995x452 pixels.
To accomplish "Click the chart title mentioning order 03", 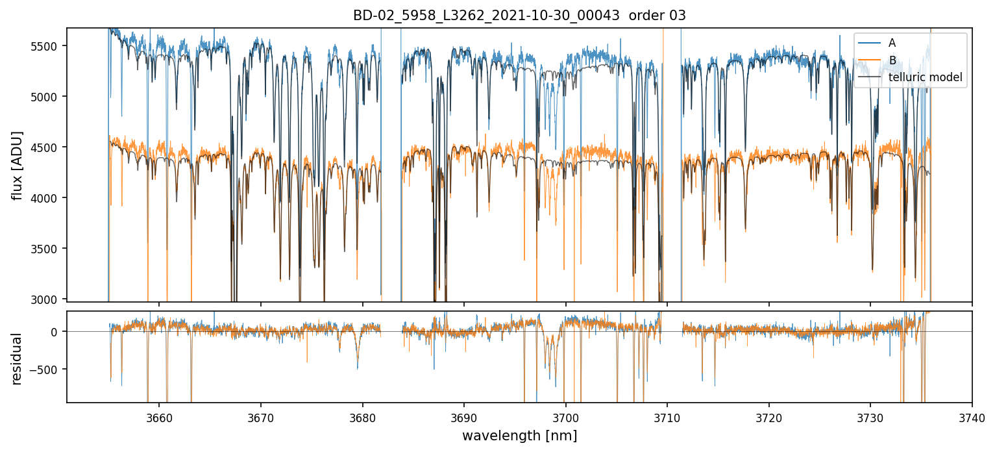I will tap(519, 16).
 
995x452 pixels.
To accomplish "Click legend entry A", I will tap(892, 43).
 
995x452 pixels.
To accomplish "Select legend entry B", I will tap(892, 60).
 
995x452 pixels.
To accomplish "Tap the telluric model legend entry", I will tap(925, 78).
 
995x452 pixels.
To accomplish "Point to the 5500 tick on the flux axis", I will tap(49, 46).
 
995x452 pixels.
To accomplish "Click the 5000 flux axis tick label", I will tap(49, 97).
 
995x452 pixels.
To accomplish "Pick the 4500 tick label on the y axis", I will tap(49, 147).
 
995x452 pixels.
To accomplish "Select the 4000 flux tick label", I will tap(49, 198).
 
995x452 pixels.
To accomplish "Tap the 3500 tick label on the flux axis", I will tap(49, 249).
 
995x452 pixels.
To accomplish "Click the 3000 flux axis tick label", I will tap(49, 299).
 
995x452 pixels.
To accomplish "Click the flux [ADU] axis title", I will tap(18, 165).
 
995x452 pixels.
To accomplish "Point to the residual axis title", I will tap(18, 358).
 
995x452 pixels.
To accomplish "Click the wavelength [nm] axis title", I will tap(519, 436).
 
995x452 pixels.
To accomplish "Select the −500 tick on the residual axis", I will tap(47, 370).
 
